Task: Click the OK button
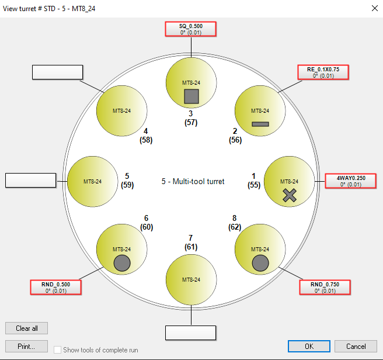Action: [x=309, y=347]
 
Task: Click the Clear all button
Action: [x=27, y=328]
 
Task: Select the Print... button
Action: [x=27, y=347]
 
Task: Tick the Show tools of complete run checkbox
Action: [x=57, y=349]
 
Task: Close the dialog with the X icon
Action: [x=375, y=8]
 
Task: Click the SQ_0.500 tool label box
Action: [x=191, y=29]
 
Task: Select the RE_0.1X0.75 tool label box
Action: [x=323, y=72]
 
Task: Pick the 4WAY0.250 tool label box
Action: [x=351, y=181]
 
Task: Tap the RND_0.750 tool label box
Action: [x=325, y=288]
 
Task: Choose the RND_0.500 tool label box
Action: [x=55, y=288]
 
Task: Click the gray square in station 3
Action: [x=191, y=96]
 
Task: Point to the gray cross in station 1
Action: [x=290, y=195]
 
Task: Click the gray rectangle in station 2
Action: [x=260, y=124]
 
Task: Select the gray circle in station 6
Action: [x=122, y=263]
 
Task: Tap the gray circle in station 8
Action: [x=260, y=263]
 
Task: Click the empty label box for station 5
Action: [x=31, y=181]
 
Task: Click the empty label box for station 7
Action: [x=190, y=333]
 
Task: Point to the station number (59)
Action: [x=127, y=185]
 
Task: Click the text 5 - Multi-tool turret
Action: [x=193, y=181]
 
